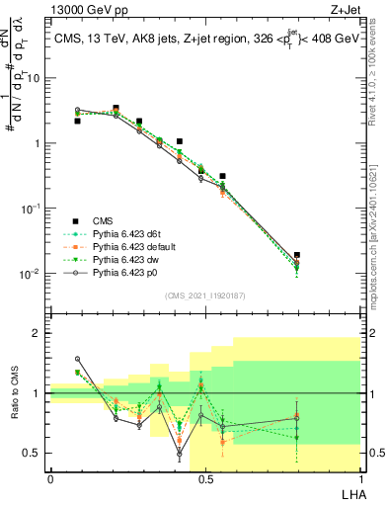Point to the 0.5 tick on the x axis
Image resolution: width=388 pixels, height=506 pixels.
[204, 478]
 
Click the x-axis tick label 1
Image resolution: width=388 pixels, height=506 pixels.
[358, 478]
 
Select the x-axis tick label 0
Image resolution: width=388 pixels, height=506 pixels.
[50, 478]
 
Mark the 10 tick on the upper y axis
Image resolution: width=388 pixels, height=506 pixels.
[38, 78]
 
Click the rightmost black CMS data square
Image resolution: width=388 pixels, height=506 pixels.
[297, 255]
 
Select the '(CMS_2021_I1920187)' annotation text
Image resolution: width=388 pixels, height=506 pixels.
[204, 295]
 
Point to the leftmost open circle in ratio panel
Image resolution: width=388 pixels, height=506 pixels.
[77, 359]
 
